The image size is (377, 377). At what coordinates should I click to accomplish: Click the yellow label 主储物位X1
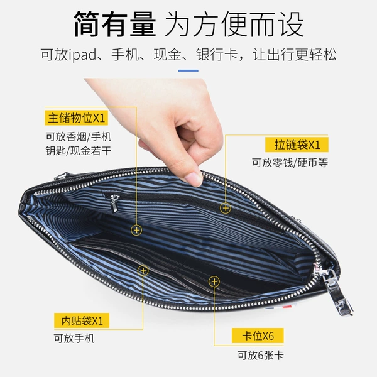(76, 118)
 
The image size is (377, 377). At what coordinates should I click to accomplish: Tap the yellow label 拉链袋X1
(297, 145)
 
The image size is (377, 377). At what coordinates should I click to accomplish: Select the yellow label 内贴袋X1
(82, 320)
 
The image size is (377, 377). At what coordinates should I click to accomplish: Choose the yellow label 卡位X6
(258, 336)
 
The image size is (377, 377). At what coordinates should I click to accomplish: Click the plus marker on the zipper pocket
(226, 208)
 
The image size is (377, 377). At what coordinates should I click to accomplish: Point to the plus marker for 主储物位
(136, 230)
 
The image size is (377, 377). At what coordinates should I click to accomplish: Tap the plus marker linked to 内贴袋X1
(143, 271)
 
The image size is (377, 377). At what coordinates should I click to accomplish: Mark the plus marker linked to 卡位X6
(214, 281)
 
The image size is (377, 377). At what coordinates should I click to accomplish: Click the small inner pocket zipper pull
(114, 203)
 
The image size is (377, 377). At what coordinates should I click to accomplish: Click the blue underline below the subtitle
(188, 70)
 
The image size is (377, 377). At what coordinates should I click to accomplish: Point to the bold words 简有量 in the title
(115, 24)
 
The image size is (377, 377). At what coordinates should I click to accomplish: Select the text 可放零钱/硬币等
(290, 163)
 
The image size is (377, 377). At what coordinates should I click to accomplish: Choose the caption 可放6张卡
(261, 356)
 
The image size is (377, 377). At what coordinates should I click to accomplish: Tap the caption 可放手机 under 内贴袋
(74, 338)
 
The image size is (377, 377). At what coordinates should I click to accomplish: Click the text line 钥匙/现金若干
(79, 151)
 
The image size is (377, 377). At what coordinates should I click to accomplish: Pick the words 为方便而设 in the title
(234, 24)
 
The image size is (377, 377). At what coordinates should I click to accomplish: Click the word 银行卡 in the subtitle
(217, 55)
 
